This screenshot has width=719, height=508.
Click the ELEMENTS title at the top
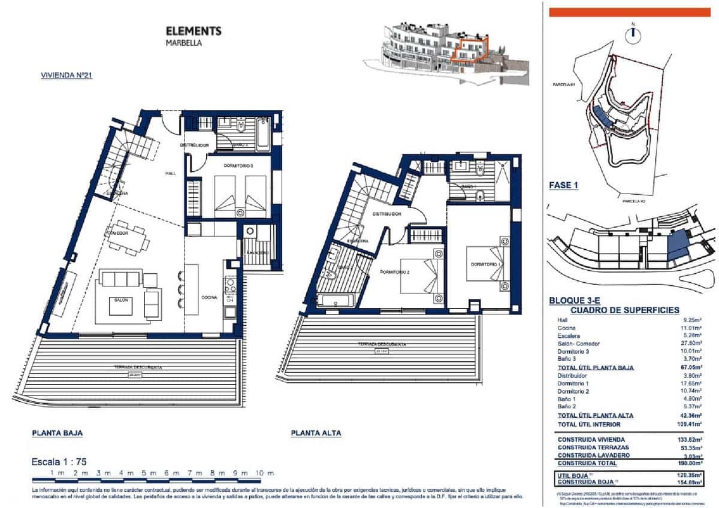pyautogui.click(x=193, y=31)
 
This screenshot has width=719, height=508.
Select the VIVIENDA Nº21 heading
pyautogui.click(x=65, y=75)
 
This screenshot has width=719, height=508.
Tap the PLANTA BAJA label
pyautogui.click(x=58, y=432)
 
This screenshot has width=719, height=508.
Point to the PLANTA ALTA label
pyautogui.click(x=316, y=433)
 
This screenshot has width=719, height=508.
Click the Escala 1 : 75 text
pyautogui.click(x=59, y=462)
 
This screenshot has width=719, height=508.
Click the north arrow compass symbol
pyautogui.click(x=633, y=35)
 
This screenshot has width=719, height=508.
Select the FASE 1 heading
pyautogui.click(x=564, y=185)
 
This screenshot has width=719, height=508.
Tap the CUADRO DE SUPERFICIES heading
pyautogui.click(x=624, y=310)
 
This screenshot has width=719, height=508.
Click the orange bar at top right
pyautogui.click(x=629, y=12)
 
